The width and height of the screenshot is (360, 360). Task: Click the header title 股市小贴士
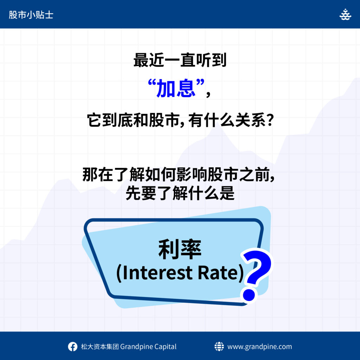(x=31, y=15)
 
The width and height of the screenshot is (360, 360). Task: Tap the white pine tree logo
(x=345, y=15)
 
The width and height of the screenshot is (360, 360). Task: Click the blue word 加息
(x=176, y=88)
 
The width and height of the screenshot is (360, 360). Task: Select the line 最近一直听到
(x=180, y=60)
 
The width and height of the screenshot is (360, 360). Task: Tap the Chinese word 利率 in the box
(x=180, y=250)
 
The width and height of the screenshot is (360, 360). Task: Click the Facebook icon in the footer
(x=72, y=346)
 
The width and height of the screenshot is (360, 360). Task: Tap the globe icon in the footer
(x=219, y=346)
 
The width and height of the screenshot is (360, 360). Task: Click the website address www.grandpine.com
(x=260, y=347)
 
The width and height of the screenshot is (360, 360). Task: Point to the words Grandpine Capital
(x=148, y=347)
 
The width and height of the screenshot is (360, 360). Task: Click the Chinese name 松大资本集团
(x=100, y=347)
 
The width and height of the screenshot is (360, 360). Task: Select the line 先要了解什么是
(x=180, y=193)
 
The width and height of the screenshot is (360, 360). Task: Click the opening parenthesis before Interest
(x=119, y=273)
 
